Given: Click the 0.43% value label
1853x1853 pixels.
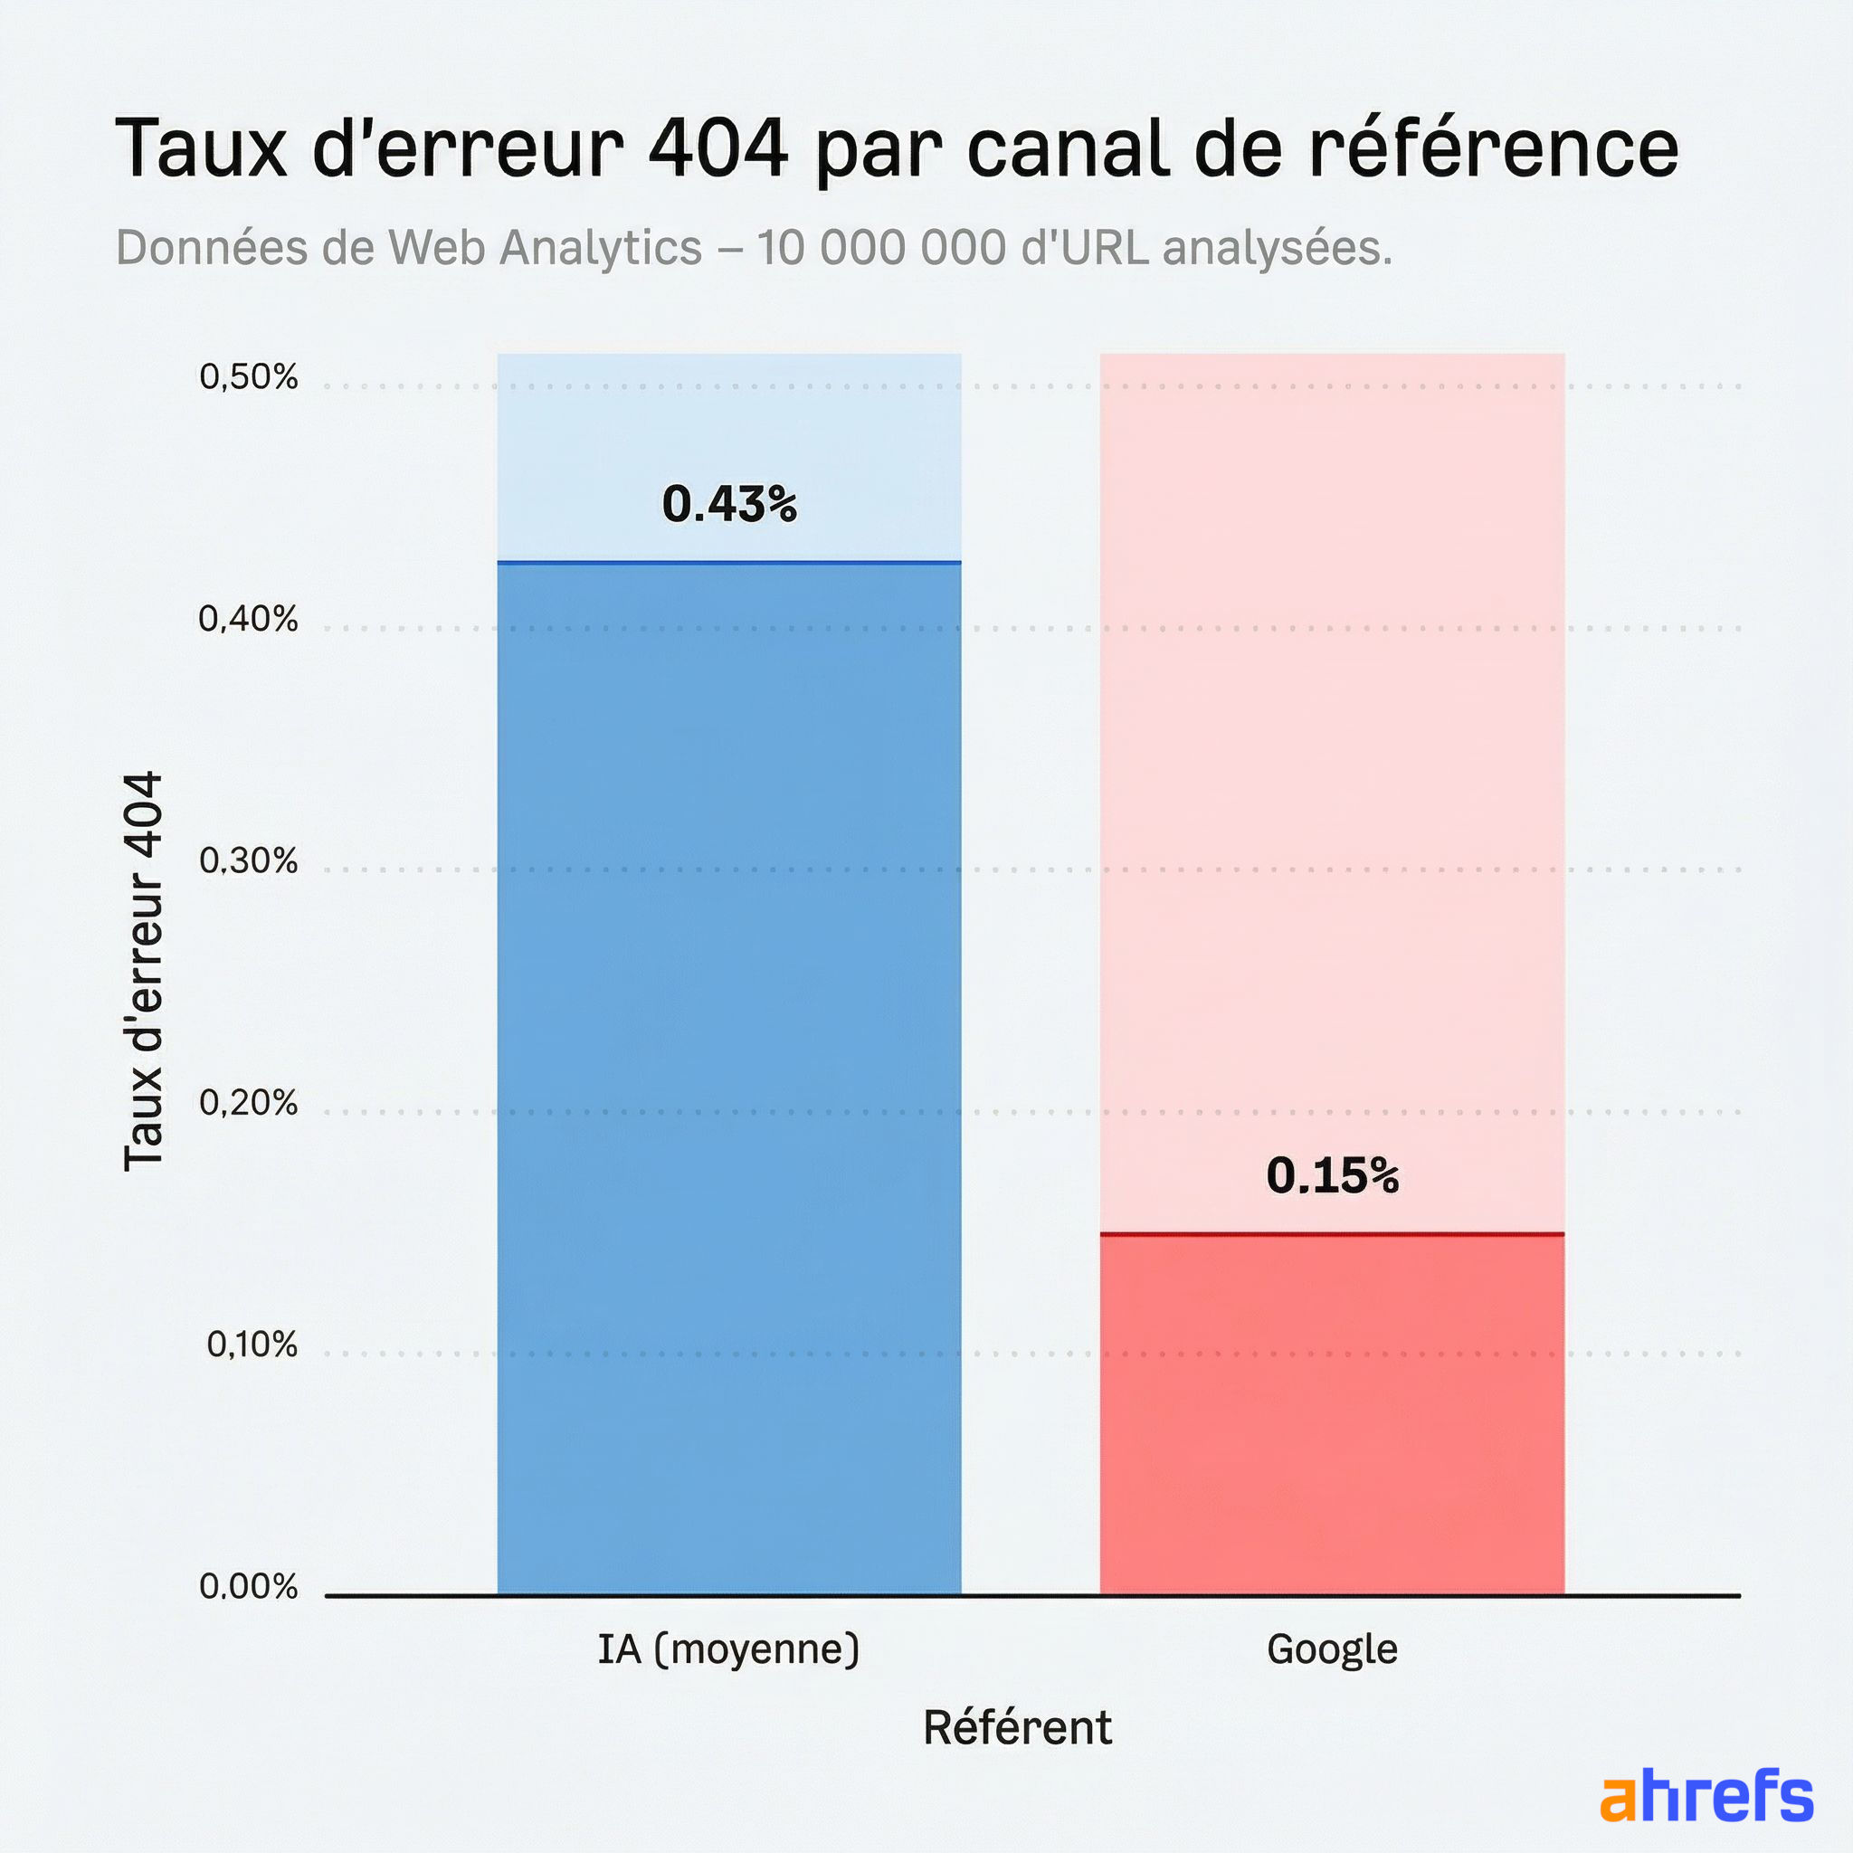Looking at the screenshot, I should click(x=729, y=505).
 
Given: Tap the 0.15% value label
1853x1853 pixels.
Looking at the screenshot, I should click(x=1332, y=1176).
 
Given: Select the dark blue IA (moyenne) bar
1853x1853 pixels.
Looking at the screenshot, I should click(x=729, y=1074).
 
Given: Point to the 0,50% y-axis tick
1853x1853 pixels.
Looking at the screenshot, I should click(x=249, y=377).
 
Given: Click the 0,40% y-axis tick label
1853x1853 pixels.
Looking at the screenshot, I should click(x=249, y=620).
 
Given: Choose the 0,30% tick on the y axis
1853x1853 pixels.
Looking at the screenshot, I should click(x=249, y=861).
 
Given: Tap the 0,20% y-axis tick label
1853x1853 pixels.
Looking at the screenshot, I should click(x=249, y=1103).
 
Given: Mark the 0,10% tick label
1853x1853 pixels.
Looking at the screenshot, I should click(x=252, y=1345).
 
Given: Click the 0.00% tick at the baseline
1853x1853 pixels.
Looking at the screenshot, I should click(x=249, y=1586).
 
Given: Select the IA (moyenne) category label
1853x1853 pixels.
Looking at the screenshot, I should click(x=729, y=1649).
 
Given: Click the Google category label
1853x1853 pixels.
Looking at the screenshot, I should click(x=1332, y=1649).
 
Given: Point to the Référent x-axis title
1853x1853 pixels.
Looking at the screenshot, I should click(x=1017, y=1728).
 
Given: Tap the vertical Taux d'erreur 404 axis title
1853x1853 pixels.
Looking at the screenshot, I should click(x=144, y=971).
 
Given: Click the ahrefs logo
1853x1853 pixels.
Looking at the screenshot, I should click(x=1706, y=1796).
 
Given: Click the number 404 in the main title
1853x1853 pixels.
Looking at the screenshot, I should click(x=717, y=148).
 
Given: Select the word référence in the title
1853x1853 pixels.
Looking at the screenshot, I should click(x=1493, y=148).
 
